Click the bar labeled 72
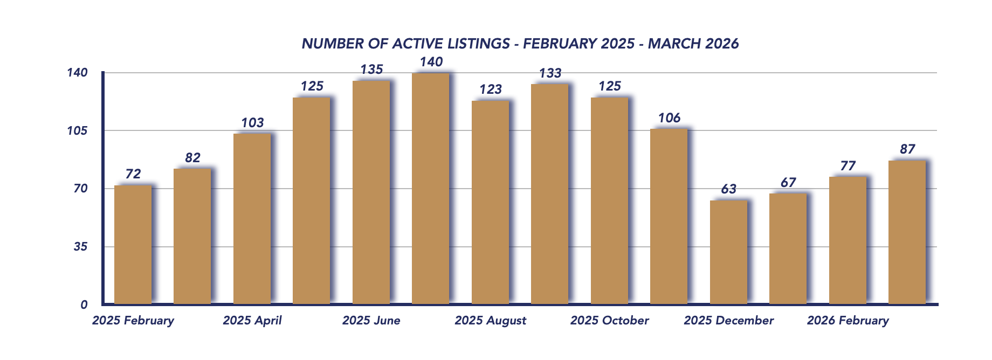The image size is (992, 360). (133, 245)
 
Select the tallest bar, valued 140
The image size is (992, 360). (431, 189)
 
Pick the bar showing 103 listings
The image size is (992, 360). (252, 219)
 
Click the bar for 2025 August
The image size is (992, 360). (490, 203)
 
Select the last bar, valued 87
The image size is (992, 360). (907, 232)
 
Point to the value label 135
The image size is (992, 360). (371, 70)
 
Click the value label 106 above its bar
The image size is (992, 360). (669, 118)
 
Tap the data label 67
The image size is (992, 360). (788, 183)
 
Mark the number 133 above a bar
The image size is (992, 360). (550, 73)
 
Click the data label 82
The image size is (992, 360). (192, 158)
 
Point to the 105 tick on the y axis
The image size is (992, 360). (77, 130)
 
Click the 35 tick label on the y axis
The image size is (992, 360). (80, 247)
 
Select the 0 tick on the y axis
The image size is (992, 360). (84, 305)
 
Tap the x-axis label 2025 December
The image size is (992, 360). (728, 321)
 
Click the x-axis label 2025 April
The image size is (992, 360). (252, 321)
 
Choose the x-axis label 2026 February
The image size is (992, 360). (848, 321)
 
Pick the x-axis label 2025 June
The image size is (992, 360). (371, 321)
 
